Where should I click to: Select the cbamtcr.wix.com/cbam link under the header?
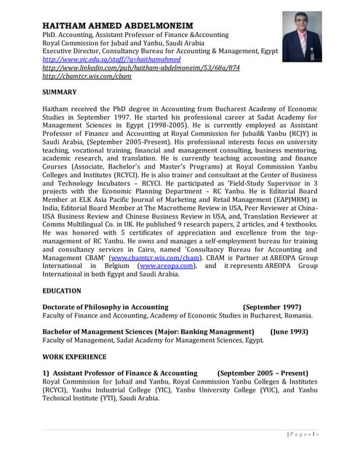click(77, 76)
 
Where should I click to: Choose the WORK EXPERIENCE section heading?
click(75, 357)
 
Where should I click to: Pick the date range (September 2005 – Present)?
click(263, 373)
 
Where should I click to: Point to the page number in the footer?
click(303, 434)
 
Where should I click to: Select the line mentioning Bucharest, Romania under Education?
click(177, 315)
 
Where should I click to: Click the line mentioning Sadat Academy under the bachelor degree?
click(153, 339)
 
